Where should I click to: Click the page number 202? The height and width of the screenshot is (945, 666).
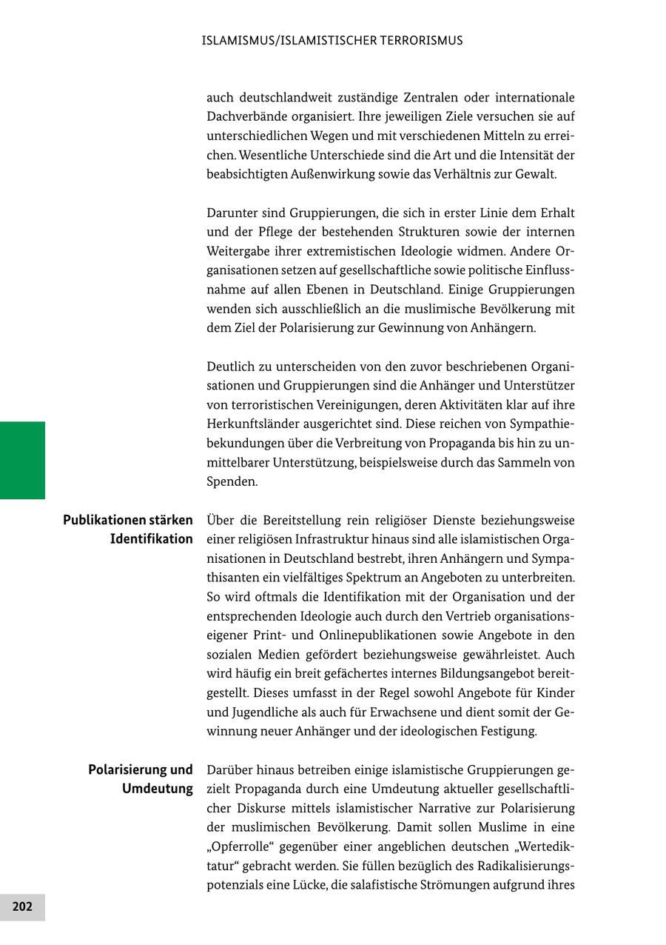(22, 906)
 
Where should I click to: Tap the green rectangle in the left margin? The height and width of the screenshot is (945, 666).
(22, 460)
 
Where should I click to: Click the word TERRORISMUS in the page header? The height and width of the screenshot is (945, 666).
(417, 41)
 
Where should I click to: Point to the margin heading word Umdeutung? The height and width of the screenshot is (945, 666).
(158, 789)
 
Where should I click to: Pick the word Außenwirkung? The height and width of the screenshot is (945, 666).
(334, 175)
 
